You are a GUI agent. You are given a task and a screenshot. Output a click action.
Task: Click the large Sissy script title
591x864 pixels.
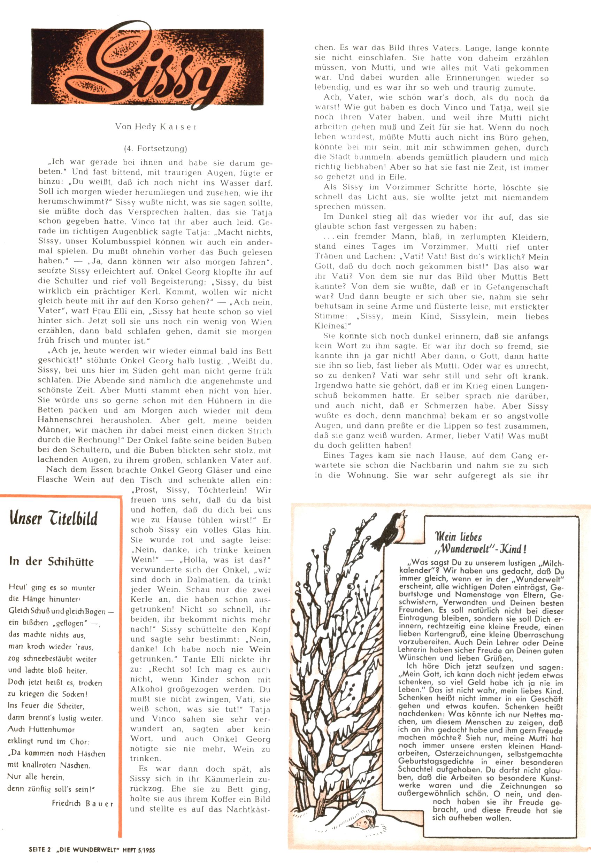[x=156, y=67]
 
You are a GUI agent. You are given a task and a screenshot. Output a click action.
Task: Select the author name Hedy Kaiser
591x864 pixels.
[x=156, y=126]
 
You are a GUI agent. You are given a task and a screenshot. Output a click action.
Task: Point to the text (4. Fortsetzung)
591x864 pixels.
[x=155, y=149]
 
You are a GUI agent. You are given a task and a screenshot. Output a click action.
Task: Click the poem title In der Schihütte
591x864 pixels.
[x=51, y=561]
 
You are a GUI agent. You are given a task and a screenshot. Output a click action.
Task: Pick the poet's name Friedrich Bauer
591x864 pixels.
[x=83, y=803]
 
